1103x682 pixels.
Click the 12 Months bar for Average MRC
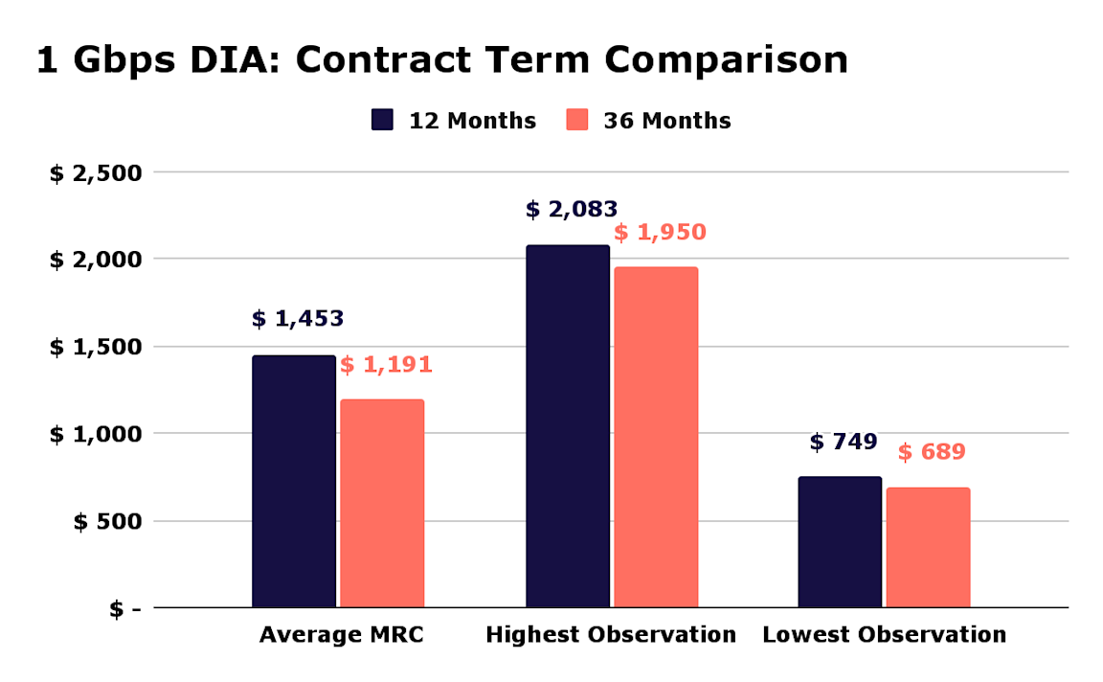coord(294,481)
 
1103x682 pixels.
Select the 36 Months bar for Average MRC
coord(382,503)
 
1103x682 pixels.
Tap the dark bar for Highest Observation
coord(568,426)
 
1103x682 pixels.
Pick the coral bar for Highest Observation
coord(656,437)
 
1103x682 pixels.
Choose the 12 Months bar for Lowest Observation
coord(840,541)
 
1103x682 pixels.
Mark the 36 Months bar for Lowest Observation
coord(928,547)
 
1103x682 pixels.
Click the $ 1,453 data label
coord(298,319)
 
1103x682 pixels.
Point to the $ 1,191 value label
coord(386,365)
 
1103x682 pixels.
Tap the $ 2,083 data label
coord(572,210)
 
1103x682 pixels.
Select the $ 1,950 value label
coord(660,233)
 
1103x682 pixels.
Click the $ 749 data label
coord(844,443)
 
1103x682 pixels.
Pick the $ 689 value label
coord(932,452)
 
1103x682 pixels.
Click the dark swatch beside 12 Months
coord(382,121)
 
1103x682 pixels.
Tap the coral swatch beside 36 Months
coord(576,121)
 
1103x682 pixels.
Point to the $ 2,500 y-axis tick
coord(96,173)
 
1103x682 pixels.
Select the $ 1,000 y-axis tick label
coord(96,434)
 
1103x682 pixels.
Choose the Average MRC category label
coord(342,635)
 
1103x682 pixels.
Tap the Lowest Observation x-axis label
coord(885,635)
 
